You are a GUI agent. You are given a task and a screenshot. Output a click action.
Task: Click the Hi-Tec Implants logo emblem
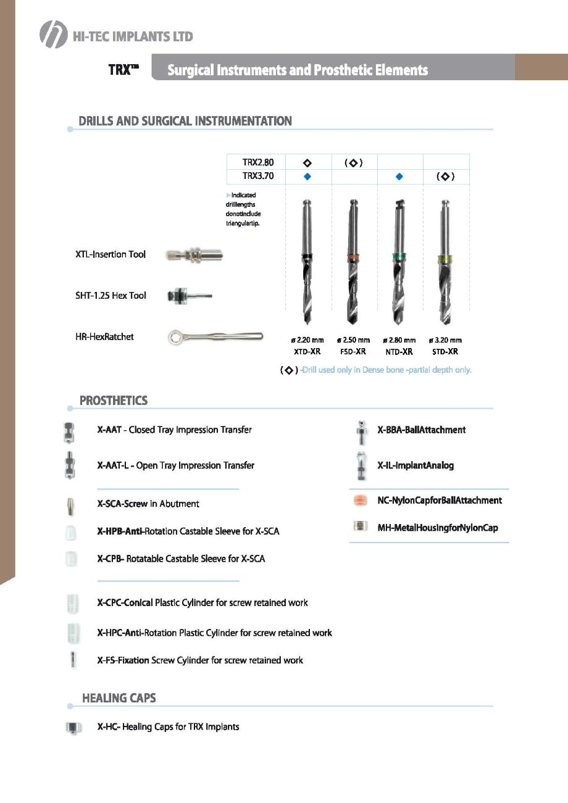coord(53,35)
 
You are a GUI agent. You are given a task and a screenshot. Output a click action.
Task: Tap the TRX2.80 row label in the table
coord(258,162)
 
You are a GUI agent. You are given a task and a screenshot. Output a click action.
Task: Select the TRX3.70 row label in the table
coord(258,177)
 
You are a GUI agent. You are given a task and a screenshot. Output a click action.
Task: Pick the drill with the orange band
coord(353,262)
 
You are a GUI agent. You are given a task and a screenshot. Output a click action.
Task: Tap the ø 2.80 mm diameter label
coord(399,340)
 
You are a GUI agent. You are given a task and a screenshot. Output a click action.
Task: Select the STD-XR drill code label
coord(445,352)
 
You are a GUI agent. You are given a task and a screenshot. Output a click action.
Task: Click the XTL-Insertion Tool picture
coord(194,255)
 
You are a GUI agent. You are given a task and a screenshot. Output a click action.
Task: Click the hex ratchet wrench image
coord(215,337)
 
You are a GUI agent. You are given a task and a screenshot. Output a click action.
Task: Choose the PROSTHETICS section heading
coord(114,401)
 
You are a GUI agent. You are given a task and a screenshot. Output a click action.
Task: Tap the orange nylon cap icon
coord(361,501)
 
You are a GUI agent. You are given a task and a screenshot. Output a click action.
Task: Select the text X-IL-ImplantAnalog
coord(416,465)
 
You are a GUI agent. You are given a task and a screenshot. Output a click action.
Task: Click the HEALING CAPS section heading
coord(119,698)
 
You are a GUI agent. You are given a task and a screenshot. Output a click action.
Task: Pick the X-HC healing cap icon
coord(73,728)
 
